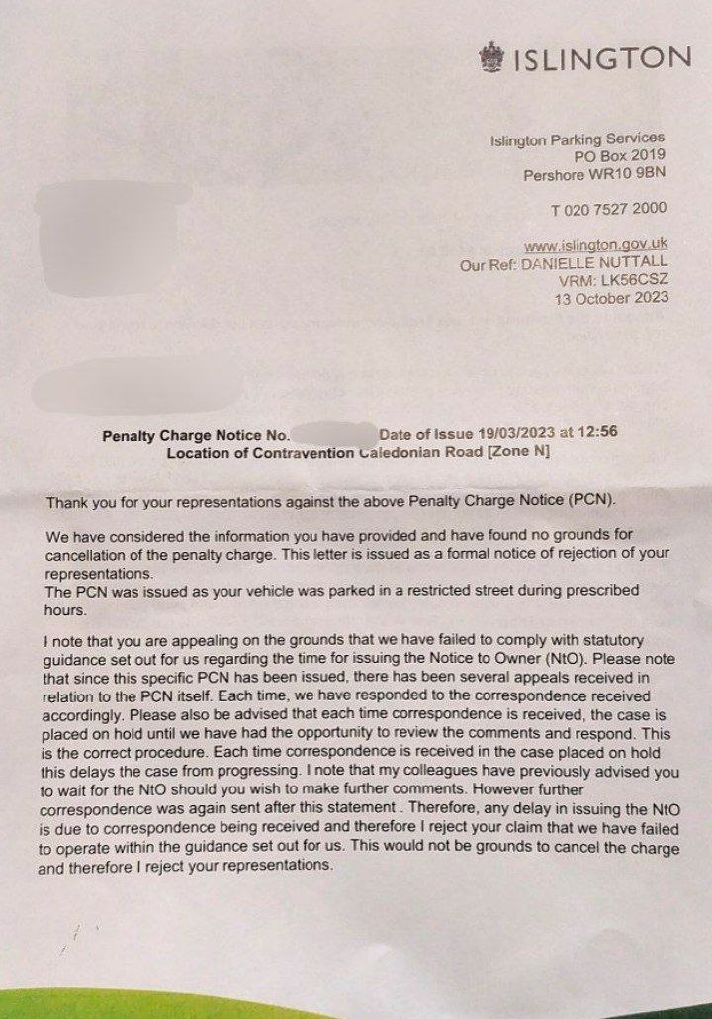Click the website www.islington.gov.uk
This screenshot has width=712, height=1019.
coord(596,244)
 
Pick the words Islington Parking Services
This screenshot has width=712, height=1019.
coord(578,139)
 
